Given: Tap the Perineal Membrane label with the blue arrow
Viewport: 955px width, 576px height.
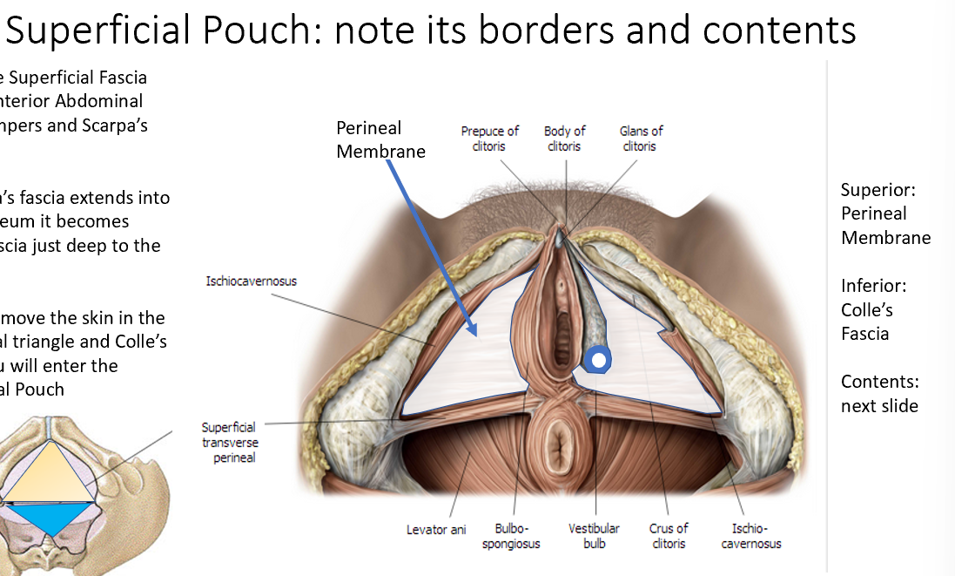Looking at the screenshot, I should (380, 139).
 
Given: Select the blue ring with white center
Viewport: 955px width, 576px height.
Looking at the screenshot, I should (597, 358).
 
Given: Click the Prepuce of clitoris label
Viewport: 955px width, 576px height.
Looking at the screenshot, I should (489, 139).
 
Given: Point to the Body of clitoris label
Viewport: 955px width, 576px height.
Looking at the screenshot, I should (564, 139).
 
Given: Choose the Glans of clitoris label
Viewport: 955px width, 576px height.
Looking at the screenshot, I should (641, 139).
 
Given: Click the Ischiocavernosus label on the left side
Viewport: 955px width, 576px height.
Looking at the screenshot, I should (251, 281).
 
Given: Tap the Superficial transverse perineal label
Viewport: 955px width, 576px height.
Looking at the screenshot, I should (230, 442).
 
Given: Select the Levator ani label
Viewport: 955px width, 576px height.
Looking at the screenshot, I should (436, 529).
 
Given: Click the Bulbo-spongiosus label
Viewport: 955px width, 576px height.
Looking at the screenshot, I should (517, 536).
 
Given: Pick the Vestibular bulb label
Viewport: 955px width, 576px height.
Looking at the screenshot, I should (594, 536).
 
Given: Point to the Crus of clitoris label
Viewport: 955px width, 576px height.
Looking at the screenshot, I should (668, 536).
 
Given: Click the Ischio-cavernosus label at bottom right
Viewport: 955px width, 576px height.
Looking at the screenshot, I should (756, 536).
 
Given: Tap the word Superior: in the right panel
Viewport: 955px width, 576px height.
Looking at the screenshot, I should (878, 190).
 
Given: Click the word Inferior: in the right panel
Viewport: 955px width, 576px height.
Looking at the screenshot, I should (873, 286).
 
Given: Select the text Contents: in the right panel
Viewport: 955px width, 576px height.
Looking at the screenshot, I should (880, 382).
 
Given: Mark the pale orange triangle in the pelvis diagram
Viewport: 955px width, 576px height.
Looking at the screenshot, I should (53, 471).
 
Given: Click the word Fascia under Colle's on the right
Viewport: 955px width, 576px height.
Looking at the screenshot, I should (864, 333).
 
